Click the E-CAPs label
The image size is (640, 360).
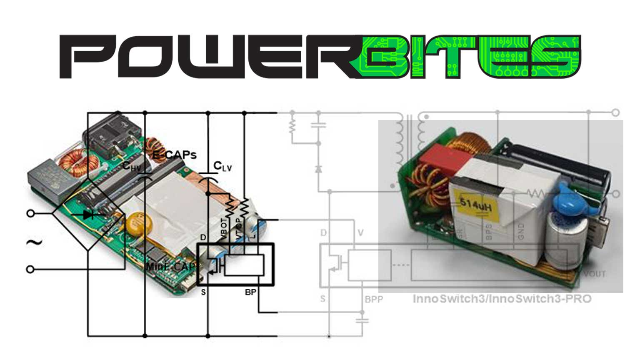174,155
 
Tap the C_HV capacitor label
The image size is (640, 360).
132,166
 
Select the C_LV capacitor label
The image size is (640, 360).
222,167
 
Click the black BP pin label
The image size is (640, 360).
250,292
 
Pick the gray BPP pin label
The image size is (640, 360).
373,299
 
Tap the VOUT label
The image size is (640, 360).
594,274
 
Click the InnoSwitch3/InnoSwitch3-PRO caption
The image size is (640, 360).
502,299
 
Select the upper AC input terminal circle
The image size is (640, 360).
30,213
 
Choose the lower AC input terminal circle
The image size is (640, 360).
30,270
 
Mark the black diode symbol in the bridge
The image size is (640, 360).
88,215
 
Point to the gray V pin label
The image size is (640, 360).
360,232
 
